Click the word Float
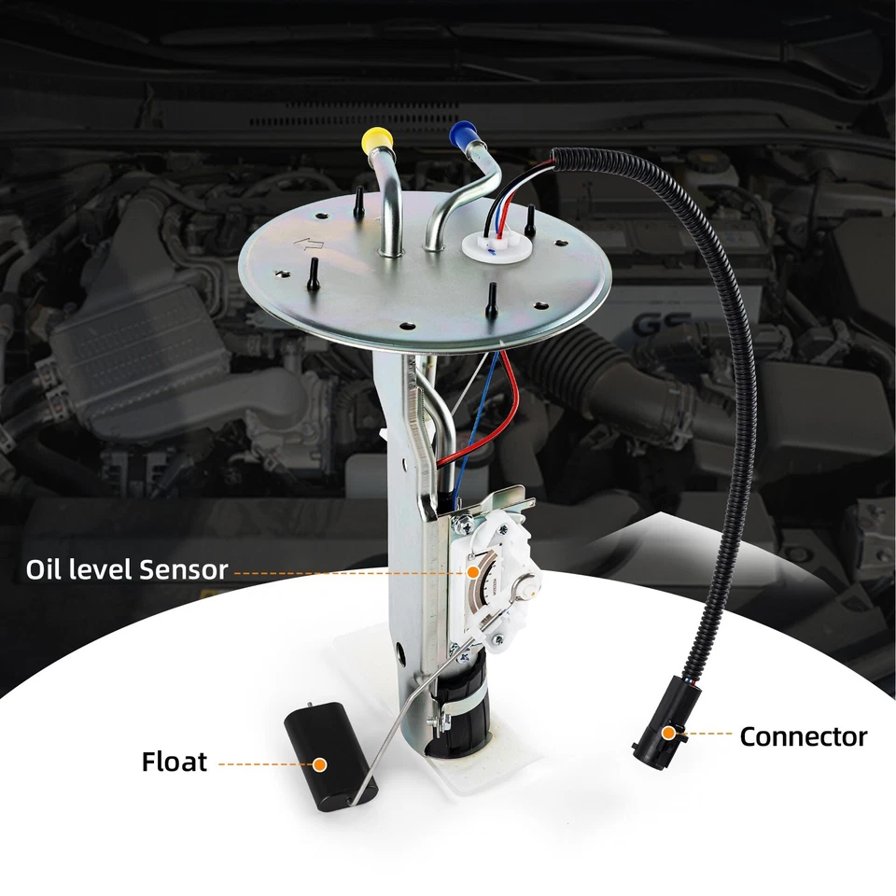tap(175, 762)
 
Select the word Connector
tap(803, 737)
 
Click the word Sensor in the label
tap(183, 569)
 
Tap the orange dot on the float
tap(319, 763)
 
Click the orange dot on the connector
tap(668, 734)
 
